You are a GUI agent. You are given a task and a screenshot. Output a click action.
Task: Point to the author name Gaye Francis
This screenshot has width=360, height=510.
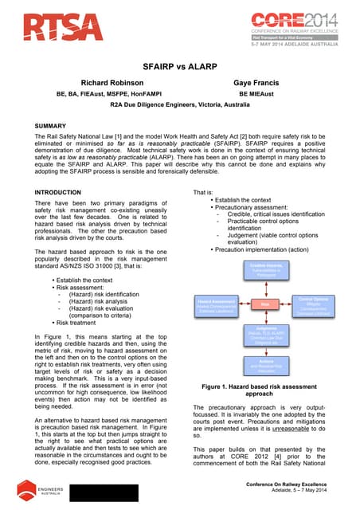[256, 82]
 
